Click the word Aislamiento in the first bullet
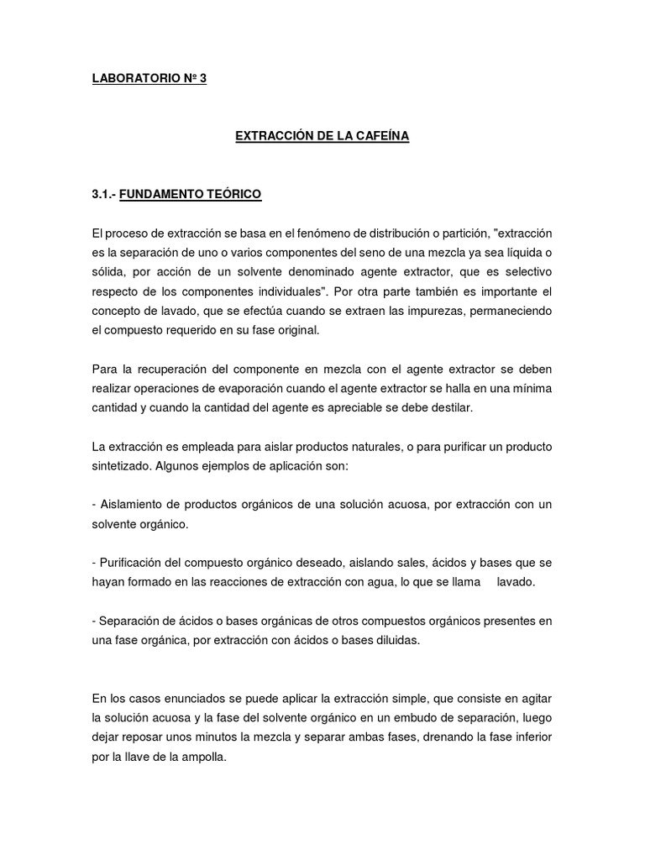tap(135, 504)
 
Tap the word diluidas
tap(396, 639)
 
